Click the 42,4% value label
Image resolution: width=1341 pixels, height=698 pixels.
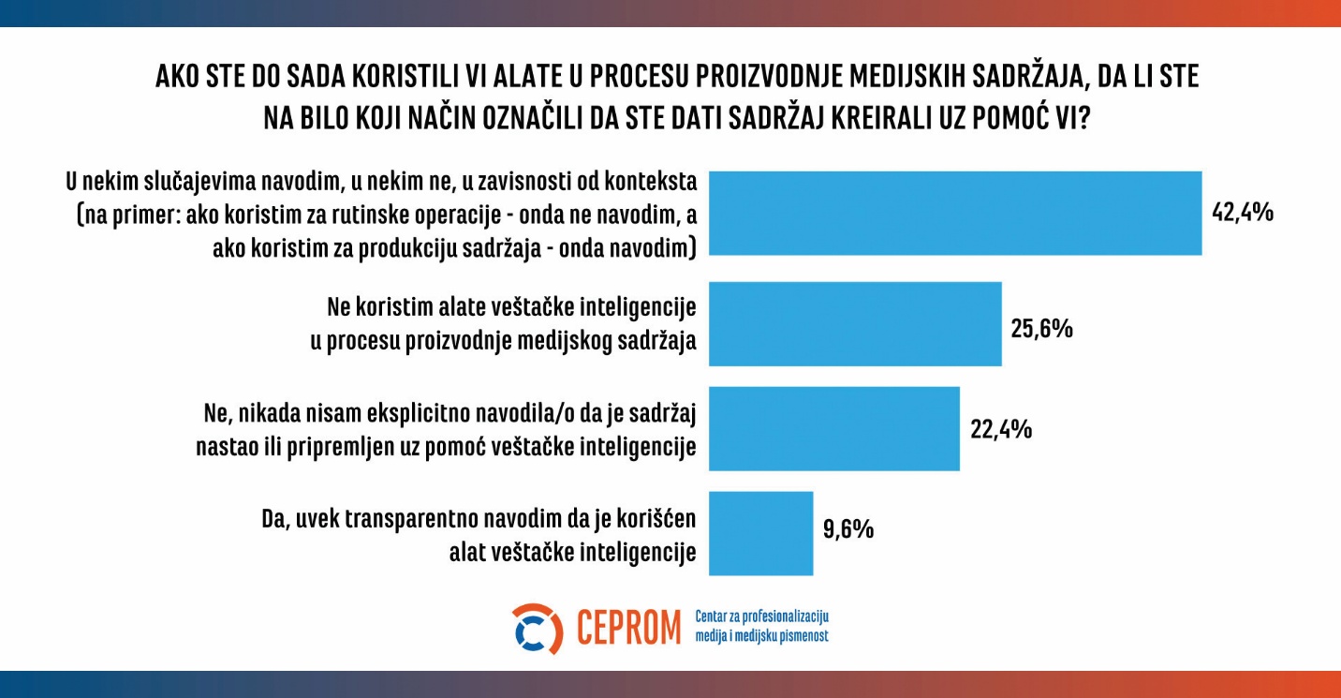tap(1242, 213)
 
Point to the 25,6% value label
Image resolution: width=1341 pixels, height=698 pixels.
tap(1041, 329)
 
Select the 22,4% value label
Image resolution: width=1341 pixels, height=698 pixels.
tap(1000, 429)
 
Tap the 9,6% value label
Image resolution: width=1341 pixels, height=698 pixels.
tap(848, 529)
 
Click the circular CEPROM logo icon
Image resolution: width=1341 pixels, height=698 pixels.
tap(538, 629)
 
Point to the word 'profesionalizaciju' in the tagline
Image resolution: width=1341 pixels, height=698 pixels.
tap(780, 617)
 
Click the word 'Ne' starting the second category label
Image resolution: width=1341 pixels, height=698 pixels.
tap(340, 306)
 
